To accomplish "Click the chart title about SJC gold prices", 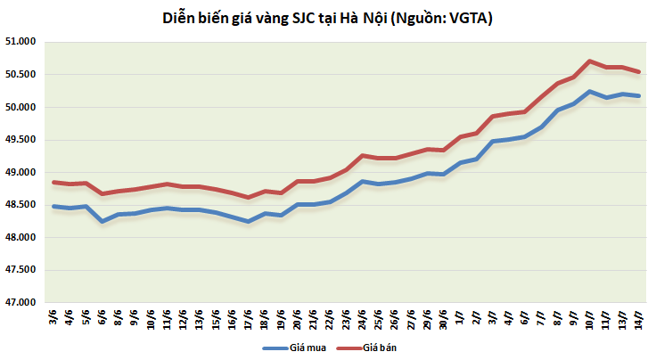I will [x=329, y=18].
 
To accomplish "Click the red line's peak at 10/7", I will [x=590, y=61].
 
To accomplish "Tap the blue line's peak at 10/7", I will [x=590, y=91].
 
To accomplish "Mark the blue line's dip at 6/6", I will [x=102, y=221].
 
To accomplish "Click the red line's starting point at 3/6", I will [x=54, y=182].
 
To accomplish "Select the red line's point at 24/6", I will [x=362, y=155].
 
